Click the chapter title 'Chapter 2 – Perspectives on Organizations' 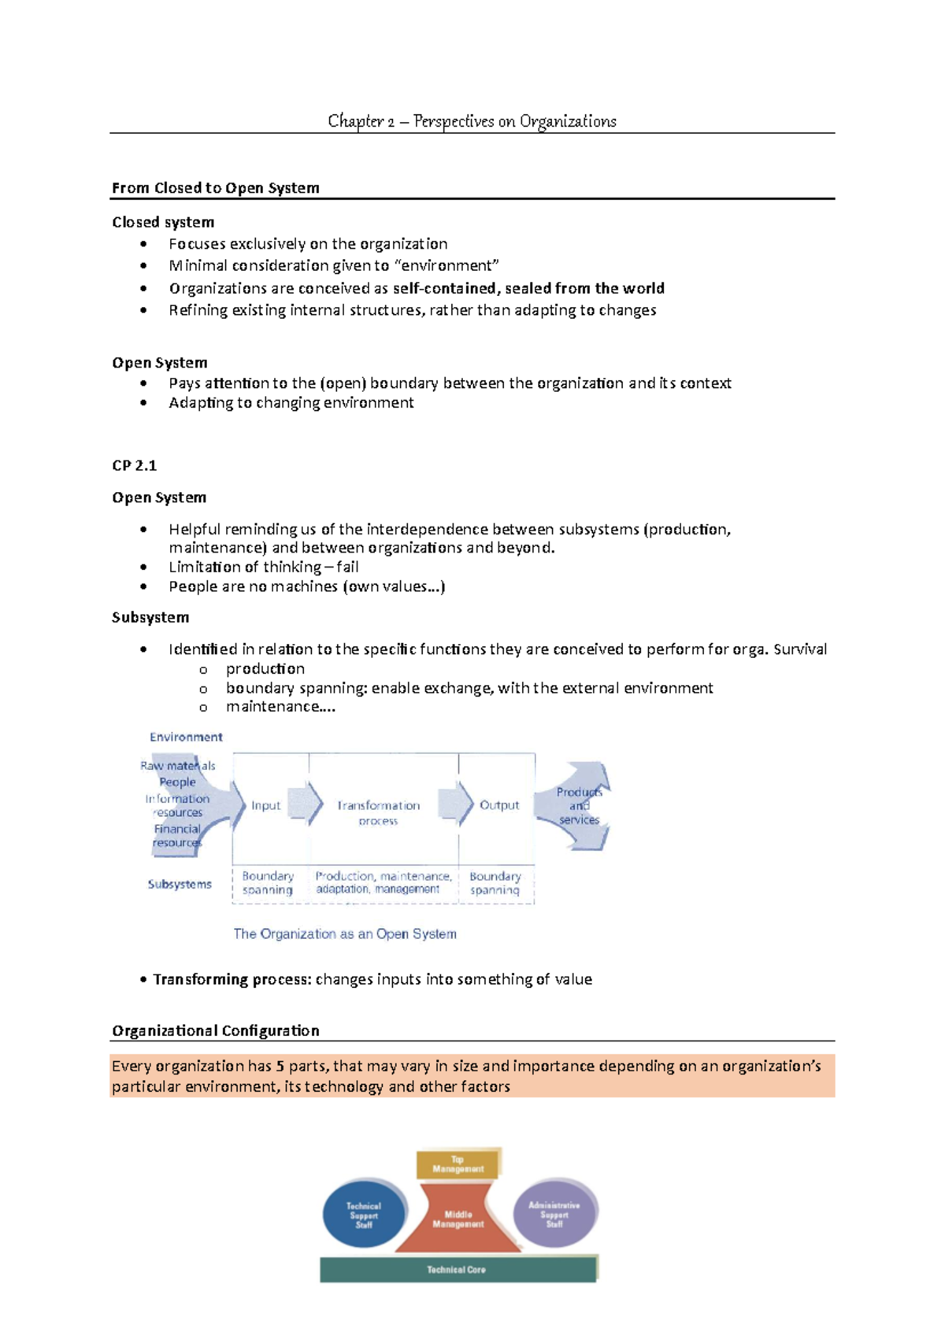coord(472,121)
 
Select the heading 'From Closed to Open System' coord(215,188)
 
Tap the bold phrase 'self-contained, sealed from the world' coord(528,288)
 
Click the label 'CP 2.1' coord(134,465)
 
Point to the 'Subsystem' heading coord(150,617)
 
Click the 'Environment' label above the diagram coord(186,737)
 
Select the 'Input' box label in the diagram coord(265,805)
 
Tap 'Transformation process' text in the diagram coord(378,812)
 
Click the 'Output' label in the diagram coord(498,805)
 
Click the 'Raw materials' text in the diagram coord(178,765)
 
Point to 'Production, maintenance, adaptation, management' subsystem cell coord(384,882)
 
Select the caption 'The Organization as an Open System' coord(345,934)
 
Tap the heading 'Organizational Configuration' coord(215,1031)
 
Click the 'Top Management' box coord(458,1164)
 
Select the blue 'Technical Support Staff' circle coord(364,1215)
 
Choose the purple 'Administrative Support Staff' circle coord(554,1215)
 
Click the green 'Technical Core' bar coord(457,1270)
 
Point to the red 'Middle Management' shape coord(458,1220)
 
